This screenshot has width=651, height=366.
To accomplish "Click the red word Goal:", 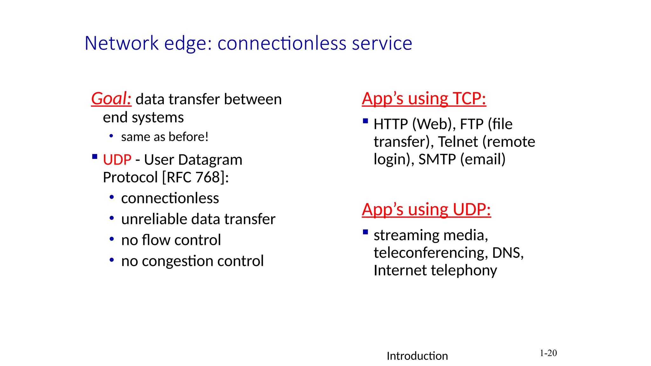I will point(111,98).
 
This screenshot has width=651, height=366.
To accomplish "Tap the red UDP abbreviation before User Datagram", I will point(117,160).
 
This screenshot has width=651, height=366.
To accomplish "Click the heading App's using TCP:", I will point(424,98).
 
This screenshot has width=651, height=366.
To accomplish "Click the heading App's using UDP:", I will point(426,210).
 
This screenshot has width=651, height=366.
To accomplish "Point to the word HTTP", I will point(391,124).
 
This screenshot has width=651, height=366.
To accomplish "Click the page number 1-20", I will point(548,353).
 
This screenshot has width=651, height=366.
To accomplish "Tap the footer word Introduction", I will point(417,356).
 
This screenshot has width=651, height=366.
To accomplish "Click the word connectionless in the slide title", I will point(282,43).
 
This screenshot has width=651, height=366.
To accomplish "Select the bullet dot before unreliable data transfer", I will point(112,218).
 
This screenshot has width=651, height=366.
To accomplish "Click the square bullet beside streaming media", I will point(366,232).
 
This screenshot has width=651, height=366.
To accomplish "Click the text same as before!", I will point(165,137).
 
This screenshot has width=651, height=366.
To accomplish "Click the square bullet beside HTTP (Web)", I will point(366,121).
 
